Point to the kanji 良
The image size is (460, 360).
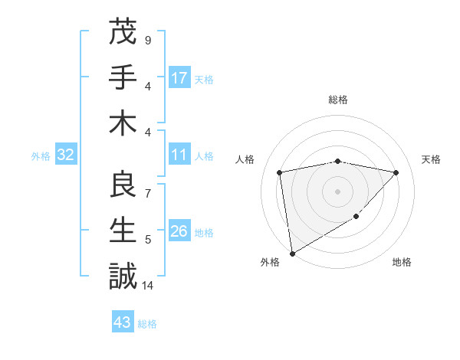click(123, 185)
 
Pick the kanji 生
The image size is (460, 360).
click(123, 231)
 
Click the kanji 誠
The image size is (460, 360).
click(123, 277)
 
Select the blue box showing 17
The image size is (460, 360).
click(179, 78)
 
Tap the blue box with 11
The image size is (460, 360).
click(179, 155)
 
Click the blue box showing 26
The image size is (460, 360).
click(179, 232)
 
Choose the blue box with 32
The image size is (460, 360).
click(65, 155)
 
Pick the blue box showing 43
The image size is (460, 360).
click(122, 322)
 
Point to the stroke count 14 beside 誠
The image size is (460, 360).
click(148, 286)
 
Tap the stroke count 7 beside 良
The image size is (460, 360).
click(148, 194)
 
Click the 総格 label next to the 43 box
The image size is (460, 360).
click(147, 324)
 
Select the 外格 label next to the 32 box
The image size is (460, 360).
click(41, 156)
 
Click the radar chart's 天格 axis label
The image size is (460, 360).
click(431, 159)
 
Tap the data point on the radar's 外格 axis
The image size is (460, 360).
click(292, 253)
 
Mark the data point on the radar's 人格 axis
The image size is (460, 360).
click(281, 172)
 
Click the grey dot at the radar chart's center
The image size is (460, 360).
click(337, 191)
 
